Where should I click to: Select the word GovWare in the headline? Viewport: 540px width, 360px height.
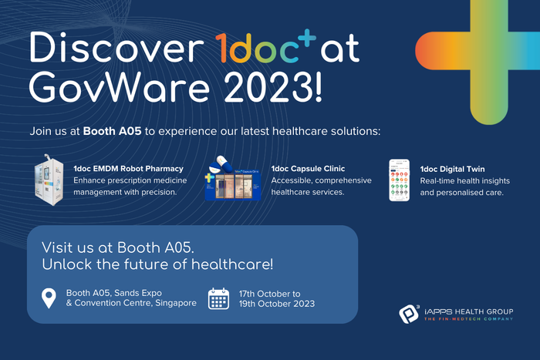(111, 93)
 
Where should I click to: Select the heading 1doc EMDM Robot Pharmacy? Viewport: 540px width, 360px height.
(128, 168)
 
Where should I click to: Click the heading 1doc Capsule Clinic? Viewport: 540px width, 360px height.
(308, 168)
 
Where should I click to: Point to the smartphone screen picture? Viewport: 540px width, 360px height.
(399, 180)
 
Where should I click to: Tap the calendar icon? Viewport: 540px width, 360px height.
(219, 298)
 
